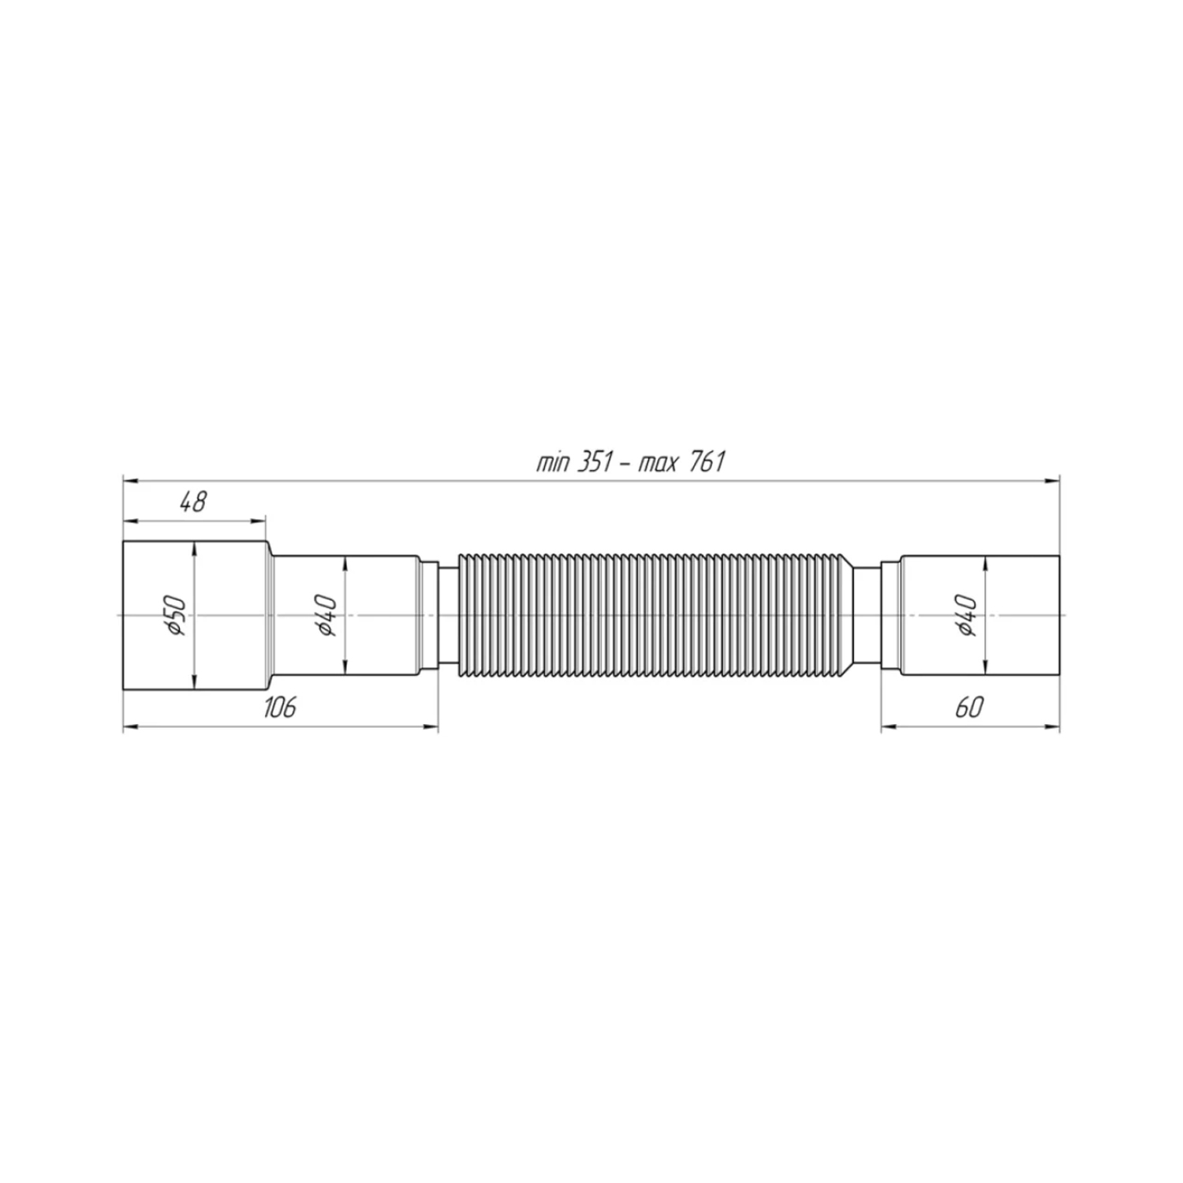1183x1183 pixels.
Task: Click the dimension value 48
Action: pyautogui.click(x=192, y=502)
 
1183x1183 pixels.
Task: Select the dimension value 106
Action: pyautogui.click(x=279, y=707)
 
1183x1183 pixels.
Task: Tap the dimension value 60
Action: pyautogui.click(x=969, y=707)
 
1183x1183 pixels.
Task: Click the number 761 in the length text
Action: pyautogui.click(x=707, y=462)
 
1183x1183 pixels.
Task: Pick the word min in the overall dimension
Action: pyautogui.click(x=552, y=463)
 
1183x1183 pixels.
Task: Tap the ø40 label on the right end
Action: pyautogui.click(x=968, y=615)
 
